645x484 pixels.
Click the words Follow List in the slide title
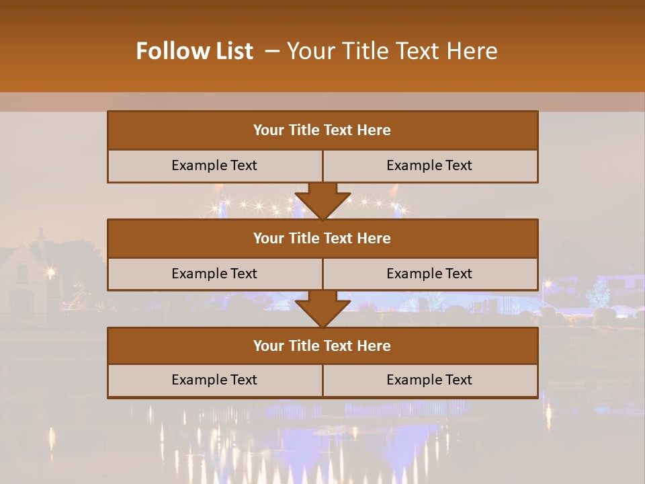pyautogui.click(x=195, y=51)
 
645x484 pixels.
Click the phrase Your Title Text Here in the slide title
pyautogui.click(x=392, y=51)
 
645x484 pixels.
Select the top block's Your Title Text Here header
pyautogui.click(x=322, y=130)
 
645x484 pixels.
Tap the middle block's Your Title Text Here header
pyautogui.click(x=322, y=238)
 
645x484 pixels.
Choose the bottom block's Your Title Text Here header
pyautogui.click(x=322, y=346)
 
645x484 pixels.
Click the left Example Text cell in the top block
pyautogui.click(x=214, y=165)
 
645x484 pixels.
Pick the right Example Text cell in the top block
pyautogui.click(x=429, y=165)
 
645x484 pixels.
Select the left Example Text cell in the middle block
pyautogui.click(x=214, y=274)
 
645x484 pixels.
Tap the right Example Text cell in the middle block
pyautogui.click(x=429, y=274)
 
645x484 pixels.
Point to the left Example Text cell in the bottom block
pyautogui.click(x=214, y=380)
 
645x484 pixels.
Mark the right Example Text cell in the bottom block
pyautogui.click(x=429, y=380)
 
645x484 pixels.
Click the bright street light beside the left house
pyautogui.click(x=50, y=272)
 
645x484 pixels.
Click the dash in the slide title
pyautogui.click(x=272, y=51)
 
